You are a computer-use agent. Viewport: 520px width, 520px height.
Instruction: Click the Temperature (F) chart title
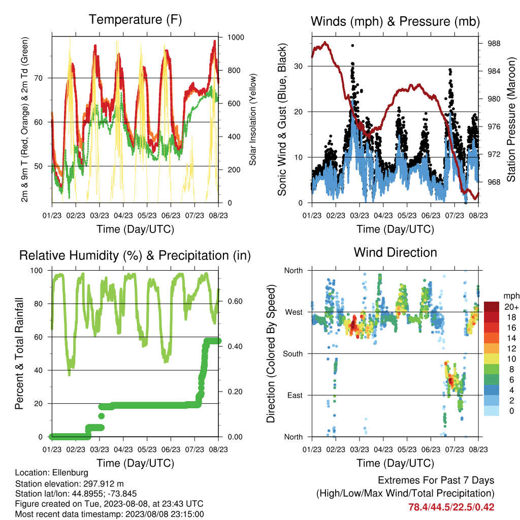pyautogui.click(x=135, y=20)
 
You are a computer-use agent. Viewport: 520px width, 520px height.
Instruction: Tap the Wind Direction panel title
pyautogui.click(x=395, y=252)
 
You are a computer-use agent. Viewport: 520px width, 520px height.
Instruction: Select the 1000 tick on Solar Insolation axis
pyautogui.click(x=236, y=37)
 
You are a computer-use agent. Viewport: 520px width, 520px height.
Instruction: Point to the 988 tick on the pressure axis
pyautogui.click(x=494, y=44)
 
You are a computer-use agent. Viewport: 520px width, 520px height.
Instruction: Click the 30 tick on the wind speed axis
pyautogui.click(x=298, y=67)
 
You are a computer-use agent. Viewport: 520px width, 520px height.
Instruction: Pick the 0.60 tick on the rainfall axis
pyautogui.click(x=235, y=301)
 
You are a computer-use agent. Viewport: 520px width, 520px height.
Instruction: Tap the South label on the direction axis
pyautogui.click(x=292, y=354)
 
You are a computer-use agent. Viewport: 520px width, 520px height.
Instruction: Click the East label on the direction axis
pyautogui.click(x=295, y=395)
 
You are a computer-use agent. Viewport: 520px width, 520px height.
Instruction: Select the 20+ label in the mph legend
pyautogui.click(x=511, y=307)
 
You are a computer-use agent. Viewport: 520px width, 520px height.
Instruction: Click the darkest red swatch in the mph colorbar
pyautogui.click(x=492, y=307)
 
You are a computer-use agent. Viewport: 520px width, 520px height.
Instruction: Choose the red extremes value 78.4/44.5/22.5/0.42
pyautogui.click(x=451, y=507)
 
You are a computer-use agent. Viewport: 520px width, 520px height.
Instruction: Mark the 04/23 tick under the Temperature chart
pyautogui.click(x=123, y=215)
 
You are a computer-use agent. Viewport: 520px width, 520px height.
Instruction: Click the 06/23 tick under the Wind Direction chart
pyautogui.click(x=431, y=449)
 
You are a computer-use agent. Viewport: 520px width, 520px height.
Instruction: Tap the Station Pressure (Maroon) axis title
pyautogui.click(x=511, y=119)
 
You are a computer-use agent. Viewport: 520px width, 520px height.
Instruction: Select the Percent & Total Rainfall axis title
pyautogui.click(x=19, y=353)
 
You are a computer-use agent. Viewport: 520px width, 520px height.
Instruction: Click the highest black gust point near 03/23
pyautogui.click(x=352, y=45)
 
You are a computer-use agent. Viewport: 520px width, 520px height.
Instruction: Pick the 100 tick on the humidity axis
pyautogui.click(x=37, y=271)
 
